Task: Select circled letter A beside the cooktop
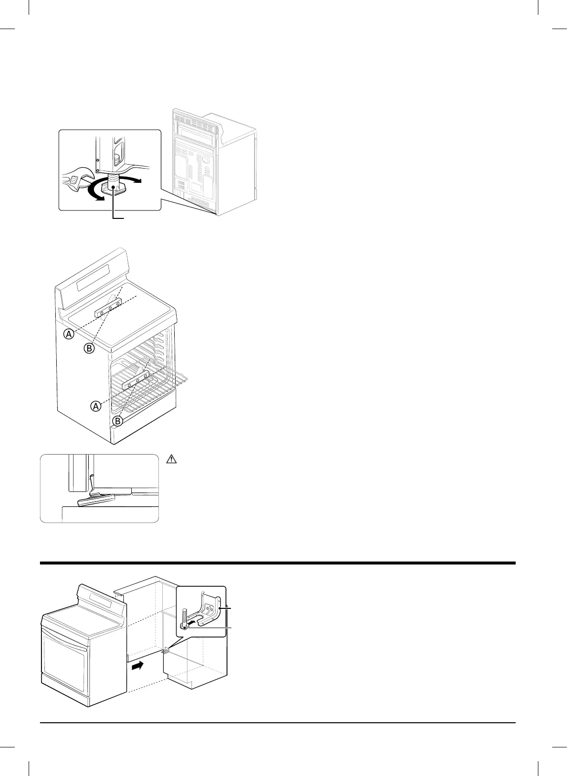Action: point(69,334)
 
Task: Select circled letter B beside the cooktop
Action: point(89,349)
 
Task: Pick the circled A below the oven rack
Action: point(96,406)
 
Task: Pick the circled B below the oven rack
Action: point(117,421)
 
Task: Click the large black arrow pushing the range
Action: point(138,666)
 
